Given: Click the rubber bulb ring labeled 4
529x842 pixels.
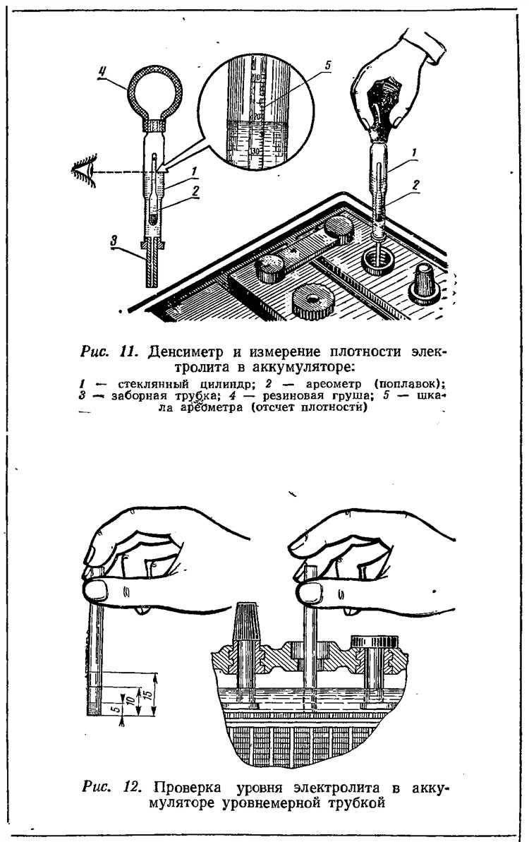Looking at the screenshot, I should (x=149, y=91).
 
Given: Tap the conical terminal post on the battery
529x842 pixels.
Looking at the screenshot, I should (x=425, y=282).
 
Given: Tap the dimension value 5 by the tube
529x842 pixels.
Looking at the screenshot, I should (x=116, y=709).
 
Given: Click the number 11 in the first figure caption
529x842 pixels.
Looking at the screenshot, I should (x=130, y=351).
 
